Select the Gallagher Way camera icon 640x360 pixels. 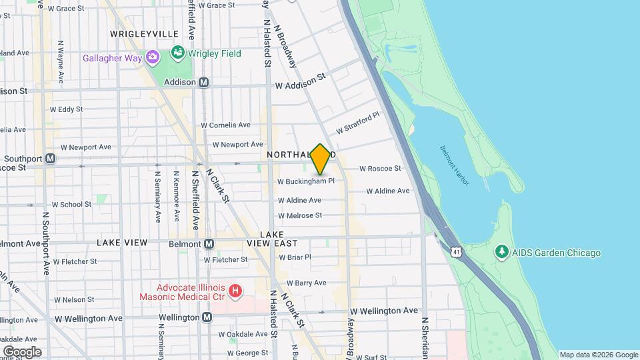(153, 57)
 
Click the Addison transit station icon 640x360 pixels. (205, 83)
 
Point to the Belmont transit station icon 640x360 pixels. (209, 244)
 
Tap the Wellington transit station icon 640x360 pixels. (207, 317)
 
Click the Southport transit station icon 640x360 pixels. (51, 159)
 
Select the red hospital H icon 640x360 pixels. (234, 291)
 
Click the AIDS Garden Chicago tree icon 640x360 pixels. (501, 253)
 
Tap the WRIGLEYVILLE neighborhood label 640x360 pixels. (145, 34)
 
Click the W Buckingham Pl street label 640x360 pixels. (306, 181)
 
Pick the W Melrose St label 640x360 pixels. (300, 215)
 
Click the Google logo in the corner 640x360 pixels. (21, 351)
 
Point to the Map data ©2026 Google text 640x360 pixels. (598, 355)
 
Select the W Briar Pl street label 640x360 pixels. (295, 257)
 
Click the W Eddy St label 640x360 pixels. (66, 109)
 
